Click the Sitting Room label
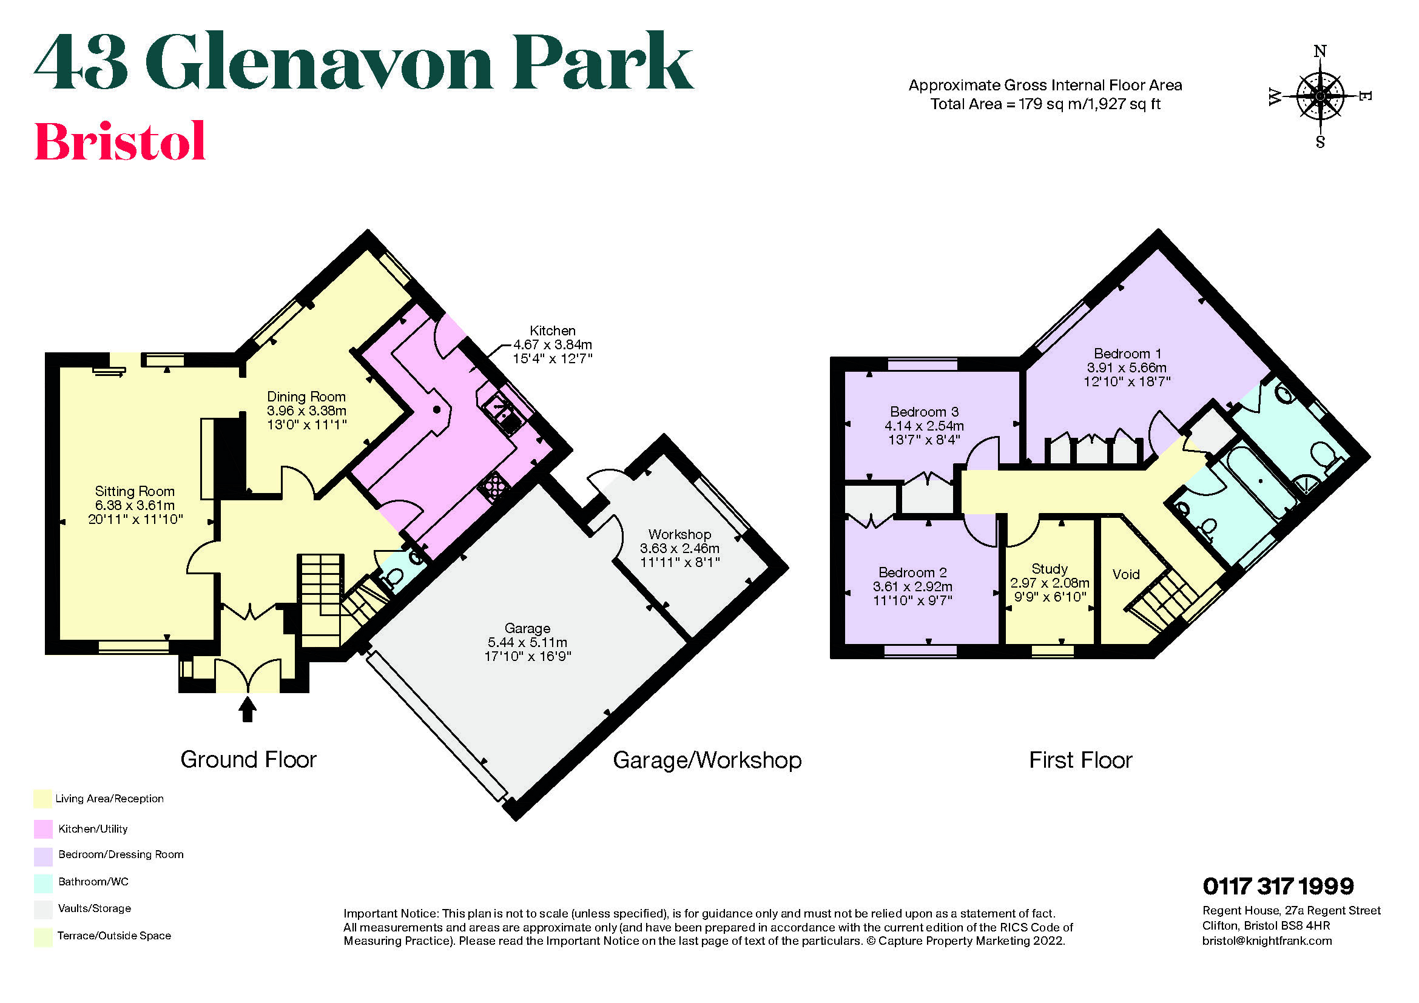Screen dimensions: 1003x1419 pos(134,491)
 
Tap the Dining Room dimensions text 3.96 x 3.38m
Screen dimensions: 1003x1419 pos(306,411)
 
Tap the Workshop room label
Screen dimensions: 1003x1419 pos(679,534)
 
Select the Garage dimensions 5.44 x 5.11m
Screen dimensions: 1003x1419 pos(527,642)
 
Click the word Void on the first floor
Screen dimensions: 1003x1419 pos(1125,574)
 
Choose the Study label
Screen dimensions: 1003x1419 pos(1050,569)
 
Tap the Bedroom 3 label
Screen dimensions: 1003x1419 pos(924,411)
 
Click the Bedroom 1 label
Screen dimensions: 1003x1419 pos(1127,354)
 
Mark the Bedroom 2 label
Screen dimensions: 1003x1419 pos(912,572)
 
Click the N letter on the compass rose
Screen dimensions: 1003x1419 pos(1320,52)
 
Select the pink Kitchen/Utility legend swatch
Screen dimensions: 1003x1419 pos(42,829)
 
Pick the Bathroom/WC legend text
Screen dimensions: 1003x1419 pos(93,881)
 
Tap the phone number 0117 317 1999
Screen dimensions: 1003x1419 pos(1278,887)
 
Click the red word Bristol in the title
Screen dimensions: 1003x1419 pos(120,141)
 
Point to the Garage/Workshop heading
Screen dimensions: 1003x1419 pos(706,760)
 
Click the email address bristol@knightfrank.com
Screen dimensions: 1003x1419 pos(1266,941)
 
